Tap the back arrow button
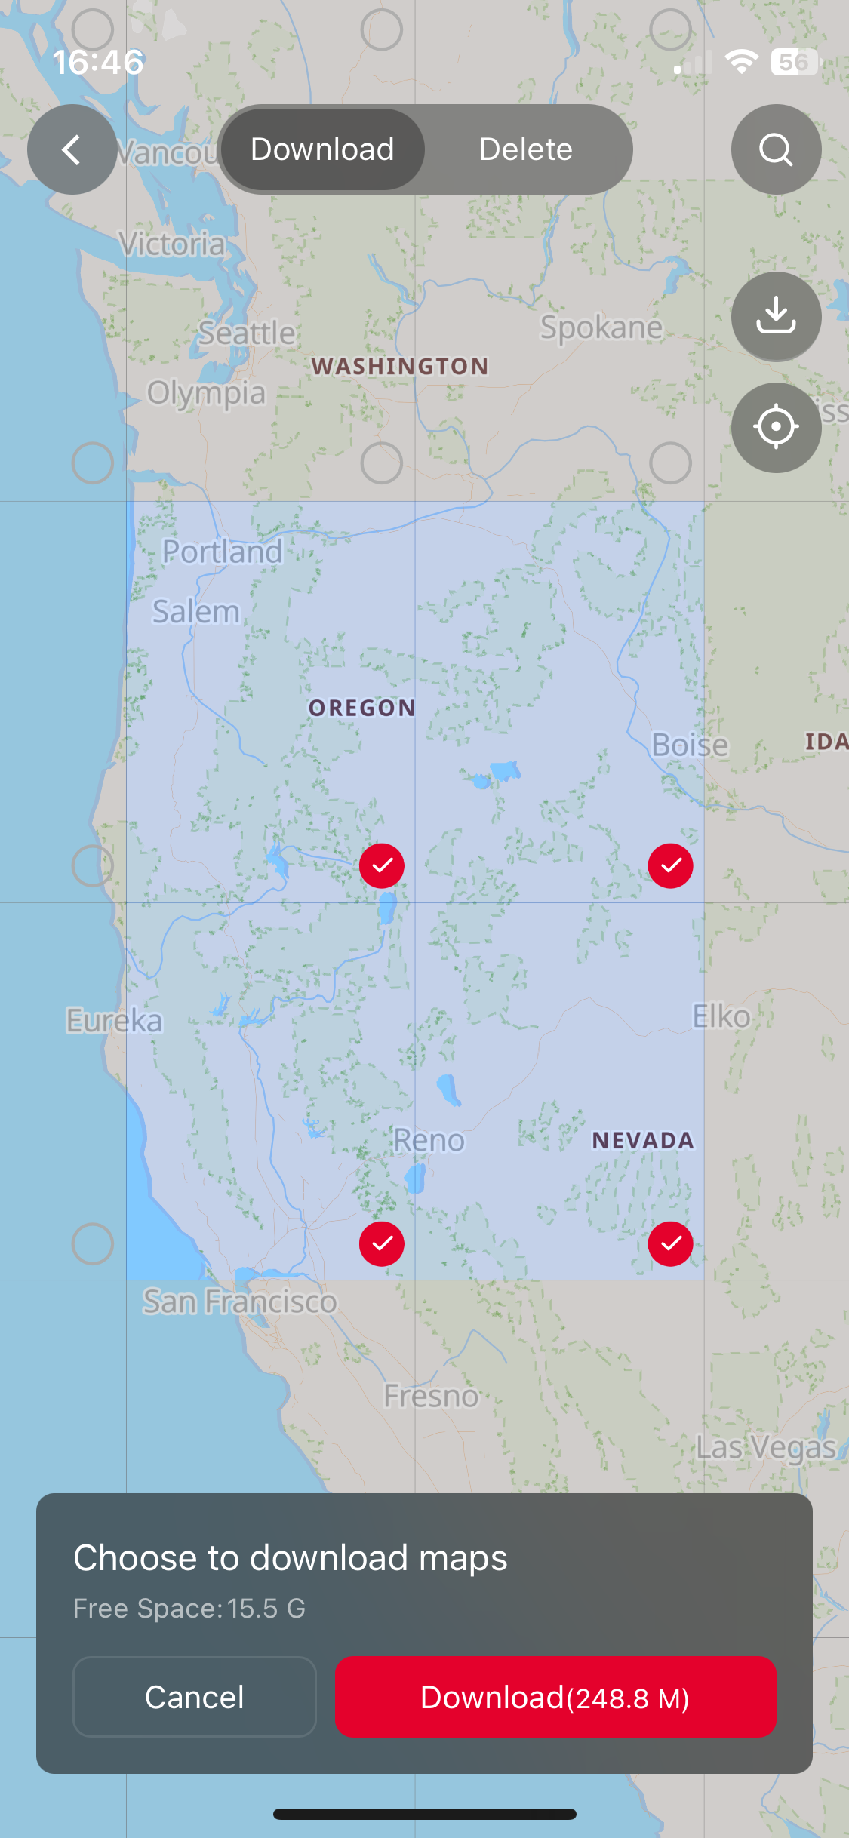point(72,149)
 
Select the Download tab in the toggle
point(322,149)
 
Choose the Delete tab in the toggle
point(526,149)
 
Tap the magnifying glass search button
point(776,149)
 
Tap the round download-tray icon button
point(776,316)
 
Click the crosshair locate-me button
point(776,427)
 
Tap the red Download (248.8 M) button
point(555,1697)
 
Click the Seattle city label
point(247,333)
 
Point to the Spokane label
point(601,327)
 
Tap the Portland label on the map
point(223,552)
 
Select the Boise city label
point(690,745)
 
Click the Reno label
point(429,1140)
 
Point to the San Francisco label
point(240,1302)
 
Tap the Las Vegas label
point(766,1447)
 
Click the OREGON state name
point(362,708)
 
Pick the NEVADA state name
point(643,1140)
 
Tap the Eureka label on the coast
point(114,1020)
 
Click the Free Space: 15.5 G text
point(189,1609)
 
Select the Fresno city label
point(431,1397)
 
